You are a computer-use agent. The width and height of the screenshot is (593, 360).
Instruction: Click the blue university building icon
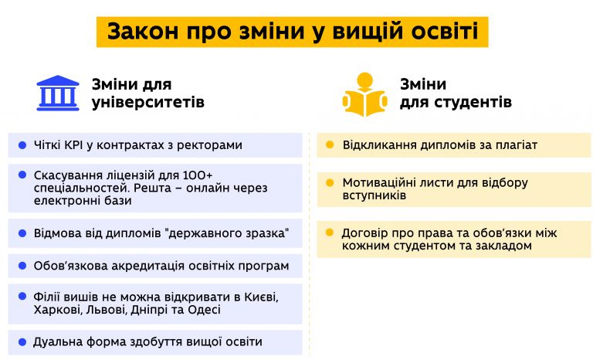click(x=58, y=93)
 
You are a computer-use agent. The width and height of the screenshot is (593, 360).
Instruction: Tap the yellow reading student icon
click(x=365, y=94)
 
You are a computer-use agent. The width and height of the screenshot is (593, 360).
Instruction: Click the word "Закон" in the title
click(x=143, y=32)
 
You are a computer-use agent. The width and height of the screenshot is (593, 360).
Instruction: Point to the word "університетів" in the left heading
click(x=148, y=102)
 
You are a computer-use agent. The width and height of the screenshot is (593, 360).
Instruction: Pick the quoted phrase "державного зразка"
click(x=227, y=233)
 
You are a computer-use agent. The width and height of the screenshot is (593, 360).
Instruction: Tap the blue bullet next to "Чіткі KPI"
click(x=22, y=145)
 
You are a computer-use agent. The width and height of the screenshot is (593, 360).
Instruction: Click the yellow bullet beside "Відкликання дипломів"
click(x=330, y=144)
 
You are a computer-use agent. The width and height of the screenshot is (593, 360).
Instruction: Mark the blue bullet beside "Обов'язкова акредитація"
click(x=22, y=266)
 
